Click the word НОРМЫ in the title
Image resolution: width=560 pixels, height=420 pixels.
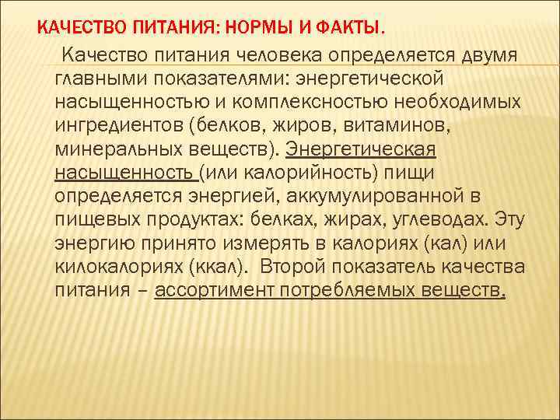tap(260, 30)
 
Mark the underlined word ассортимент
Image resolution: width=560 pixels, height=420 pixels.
tap(222, 291)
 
